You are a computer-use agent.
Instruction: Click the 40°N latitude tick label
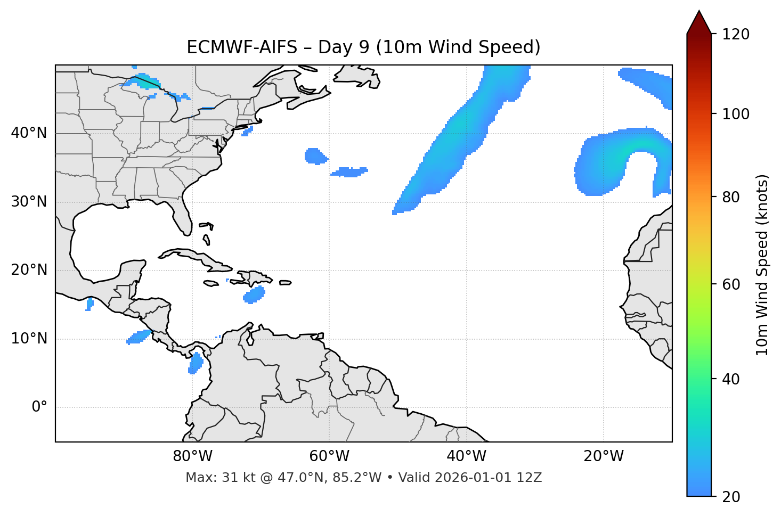[29, 133]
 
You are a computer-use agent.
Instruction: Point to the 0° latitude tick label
[39, 407]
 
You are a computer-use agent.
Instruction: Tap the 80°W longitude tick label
[192, 456]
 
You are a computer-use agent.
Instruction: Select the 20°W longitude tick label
[604, 456]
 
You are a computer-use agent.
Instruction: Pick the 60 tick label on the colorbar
[733, 284]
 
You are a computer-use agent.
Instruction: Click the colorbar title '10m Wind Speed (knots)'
[762, 265]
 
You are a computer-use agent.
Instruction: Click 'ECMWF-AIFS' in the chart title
[242, 47]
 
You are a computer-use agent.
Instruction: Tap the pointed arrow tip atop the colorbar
[699, 13]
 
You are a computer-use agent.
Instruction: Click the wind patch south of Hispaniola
[255, 295]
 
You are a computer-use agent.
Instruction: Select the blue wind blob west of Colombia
[196, 363]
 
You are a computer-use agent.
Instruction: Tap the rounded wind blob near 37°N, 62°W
[315, 156]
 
